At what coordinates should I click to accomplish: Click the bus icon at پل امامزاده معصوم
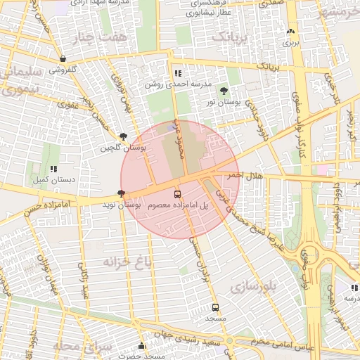coord(176,194)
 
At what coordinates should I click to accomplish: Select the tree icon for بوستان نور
coord(224,91)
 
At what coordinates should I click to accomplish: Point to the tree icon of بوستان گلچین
coord(124,137)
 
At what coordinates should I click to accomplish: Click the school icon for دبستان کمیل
coord(53,169)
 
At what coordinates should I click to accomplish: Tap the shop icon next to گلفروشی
coord(64,59)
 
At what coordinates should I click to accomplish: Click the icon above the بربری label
coord(290,32)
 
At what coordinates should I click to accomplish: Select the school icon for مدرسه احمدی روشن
coord(177,73)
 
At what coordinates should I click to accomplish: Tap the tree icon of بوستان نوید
coord(122,193)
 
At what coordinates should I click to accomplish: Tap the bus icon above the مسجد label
coord(215,307)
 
